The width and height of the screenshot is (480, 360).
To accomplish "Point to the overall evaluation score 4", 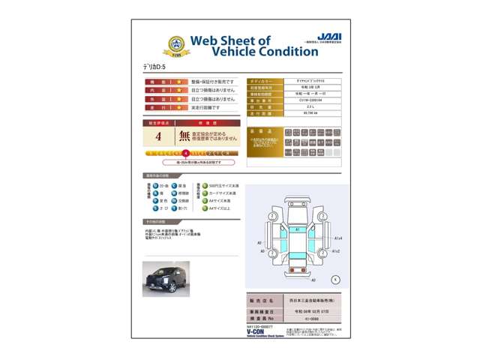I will click(158, 137).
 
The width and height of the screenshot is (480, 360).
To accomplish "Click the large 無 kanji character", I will click(184, 136).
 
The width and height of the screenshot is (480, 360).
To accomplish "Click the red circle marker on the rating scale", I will click(186, 153).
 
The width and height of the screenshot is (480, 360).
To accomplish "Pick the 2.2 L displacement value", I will click(309, 107).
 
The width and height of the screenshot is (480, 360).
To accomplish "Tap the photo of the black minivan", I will click(166, 279).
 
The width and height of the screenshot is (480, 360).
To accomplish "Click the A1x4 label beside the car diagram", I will click(337, 238).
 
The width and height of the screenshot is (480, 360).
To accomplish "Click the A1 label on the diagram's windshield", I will click(297, 229).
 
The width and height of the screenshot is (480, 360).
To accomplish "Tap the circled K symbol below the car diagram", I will click(335, 279).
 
